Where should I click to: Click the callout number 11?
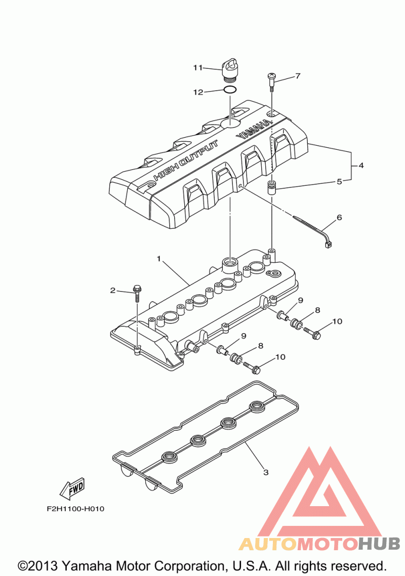[197, 67]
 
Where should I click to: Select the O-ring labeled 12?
[230, 91]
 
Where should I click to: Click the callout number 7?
[298, 76]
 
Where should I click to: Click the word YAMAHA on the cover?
[253, 129]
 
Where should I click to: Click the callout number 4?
[361, 166]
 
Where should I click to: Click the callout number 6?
[339, 218]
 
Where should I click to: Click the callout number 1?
[158, 259]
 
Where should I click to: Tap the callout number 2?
[113, 290]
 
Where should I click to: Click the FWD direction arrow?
[71, 488]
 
